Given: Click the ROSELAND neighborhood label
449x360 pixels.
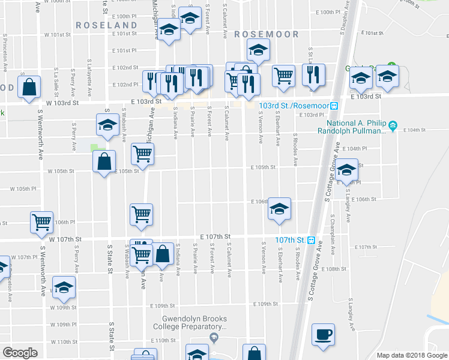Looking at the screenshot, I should tap(107, 25).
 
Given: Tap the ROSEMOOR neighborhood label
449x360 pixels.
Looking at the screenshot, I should tap(266, 34).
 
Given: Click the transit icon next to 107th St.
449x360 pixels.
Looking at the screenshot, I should tap(311, 240).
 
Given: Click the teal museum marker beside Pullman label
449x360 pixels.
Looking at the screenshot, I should tap(393, 126).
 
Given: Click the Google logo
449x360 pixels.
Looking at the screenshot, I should tap(20, 353).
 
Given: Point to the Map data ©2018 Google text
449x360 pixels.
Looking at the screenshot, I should tap(411, 355).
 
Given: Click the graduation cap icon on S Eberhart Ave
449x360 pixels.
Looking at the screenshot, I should tap(279, 208).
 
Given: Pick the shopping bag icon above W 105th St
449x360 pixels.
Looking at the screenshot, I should tap(104, 161).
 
